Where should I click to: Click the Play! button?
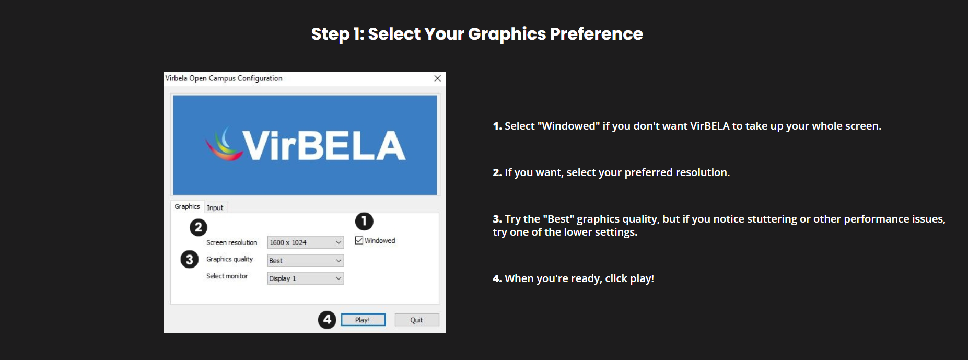point(363,320)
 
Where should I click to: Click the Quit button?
point(416,320)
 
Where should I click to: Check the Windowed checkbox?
point(359,240)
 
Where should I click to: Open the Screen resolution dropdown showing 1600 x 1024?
point(306,242)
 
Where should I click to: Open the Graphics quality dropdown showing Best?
point(306,260)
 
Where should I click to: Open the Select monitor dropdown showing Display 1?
point(306,278)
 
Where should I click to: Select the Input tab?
point(215,207)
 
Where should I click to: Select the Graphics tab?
point(187,206)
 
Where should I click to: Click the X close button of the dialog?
point(438,78)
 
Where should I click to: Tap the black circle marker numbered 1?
point(364,222)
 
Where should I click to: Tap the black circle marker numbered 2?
point(198,227)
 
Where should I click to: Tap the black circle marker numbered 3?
point(190,260)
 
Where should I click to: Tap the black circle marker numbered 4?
point(327,320)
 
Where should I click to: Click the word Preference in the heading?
point(597,34)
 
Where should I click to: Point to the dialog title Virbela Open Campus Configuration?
point(224,78)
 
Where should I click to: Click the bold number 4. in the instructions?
point(497,278)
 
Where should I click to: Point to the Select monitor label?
point(227,276)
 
